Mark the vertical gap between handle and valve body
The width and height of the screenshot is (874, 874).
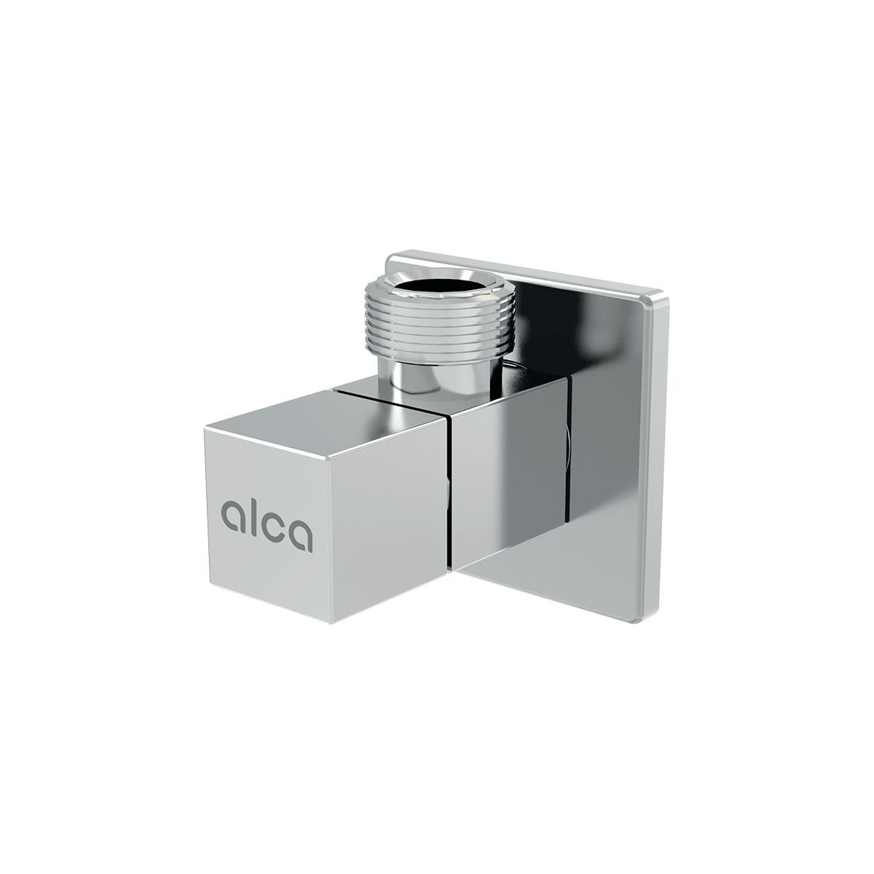(451, 495)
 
